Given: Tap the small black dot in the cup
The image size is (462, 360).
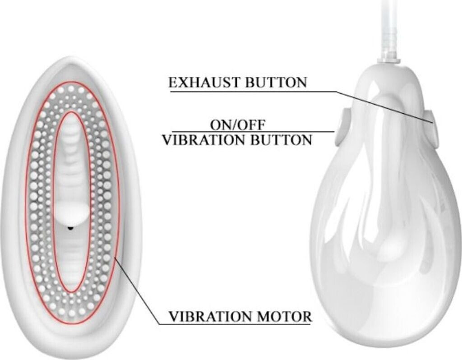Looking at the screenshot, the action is click(70, 228).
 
